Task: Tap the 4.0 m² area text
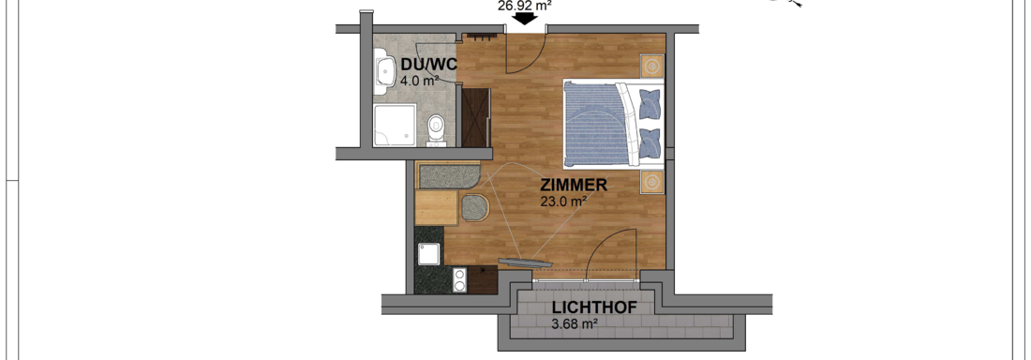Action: tap(419, 81)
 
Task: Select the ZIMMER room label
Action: tap(574, 186)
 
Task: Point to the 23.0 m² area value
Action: tap(563, 202)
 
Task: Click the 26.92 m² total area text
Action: tap(523, 5)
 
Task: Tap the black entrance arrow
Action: tap(524, 19)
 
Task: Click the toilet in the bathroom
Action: tap(435, 128)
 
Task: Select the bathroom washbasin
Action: tap(383, 72)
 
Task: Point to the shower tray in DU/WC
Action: tap(395, 125)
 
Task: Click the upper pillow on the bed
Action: tap(650, 103)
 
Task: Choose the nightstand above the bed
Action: tap(652, 67)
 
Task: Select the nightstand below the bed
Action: tap(652, 182)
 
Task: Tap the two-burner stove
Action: tap(460, 279)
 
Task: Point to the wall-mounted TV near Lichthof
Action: tap(525, 262)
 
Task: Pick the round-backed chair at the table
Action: tap(475, 207)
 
